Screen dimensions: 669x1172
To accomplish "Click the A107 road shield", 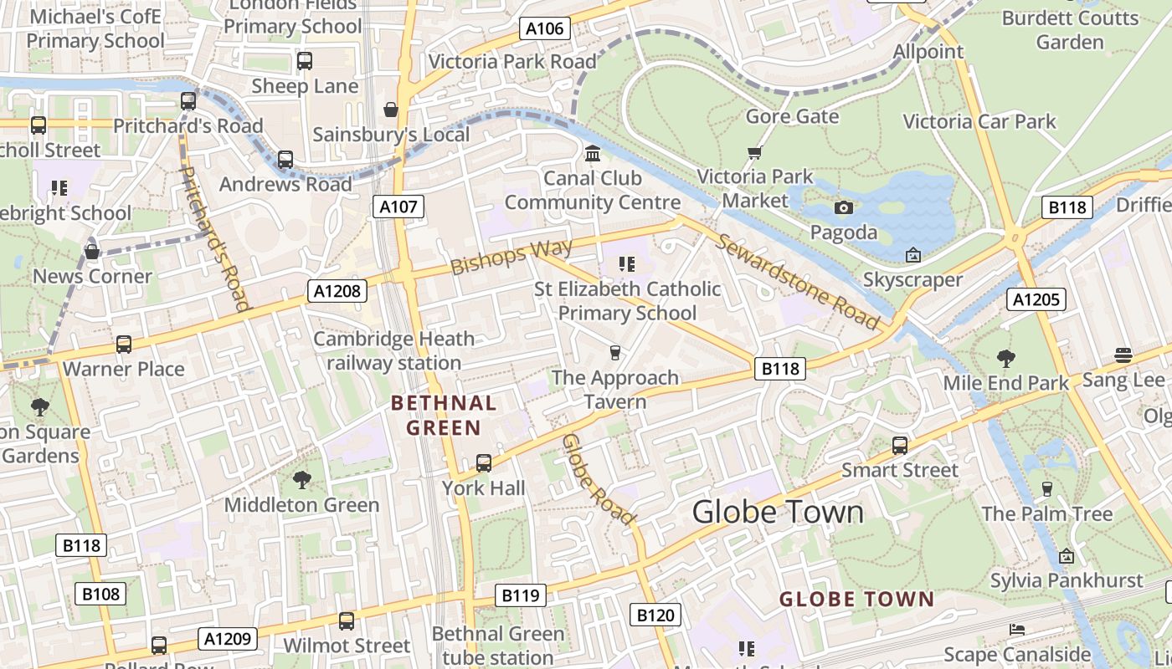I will (x=398, y=207).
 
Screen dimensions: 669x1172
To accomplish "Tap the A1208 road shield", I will (x=338, y=291).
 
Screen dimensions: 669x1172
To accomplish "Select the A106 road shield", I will (x=544, y=28).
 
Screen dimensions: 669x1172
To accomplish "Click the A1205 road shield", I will (x=1036, y=299).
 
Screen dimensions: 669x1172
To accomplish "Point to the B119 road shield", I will (x=520, y=595).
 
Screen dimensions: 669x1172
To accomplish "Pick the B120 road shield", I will (x=655, y=615).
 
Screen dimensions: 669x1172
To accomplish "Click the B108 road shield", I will (x=101, y=594).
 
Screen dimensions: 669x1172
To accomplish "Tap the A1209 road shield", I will (x=228, y=639).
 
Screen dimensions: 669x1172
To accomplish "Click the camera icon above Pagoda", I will (x=844, y=207).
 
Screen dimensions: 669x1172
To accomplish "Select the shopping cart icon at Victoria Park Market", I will (x=755, y=152).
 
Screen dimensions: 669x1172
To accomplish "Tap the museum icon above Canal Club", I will (x=593, y=153).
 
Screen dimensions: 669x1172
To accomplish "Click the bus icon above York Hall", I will (x=484, y=462).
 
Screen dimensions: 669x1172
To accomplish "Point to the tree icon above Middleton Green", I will (x=301, y=480).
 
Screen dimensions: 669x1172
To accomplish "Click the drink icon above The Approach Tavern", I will (x=615, y=352).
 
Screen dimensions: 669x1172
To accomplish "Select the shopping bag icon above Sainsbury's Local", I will (x=390, y=110).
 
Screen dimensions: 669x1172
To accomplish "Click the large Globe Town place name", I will (x=778, y=512).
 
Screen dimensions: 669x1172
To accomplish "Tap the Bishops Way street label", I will (x=511, y=257).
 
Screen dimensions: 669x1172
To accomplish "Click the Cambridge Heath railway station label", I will (x=393, y=350).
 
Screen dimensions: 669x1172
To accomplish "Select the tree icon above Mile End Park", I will (x=1005, y=359).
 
